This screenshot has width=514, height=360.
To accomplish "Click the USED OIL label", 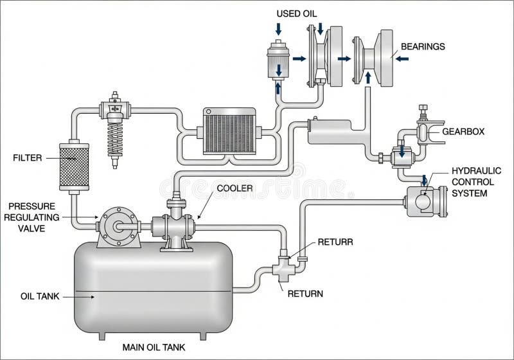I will pos(297,14).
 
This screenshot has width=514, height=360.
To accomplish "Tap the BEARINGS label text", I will pos(423,47).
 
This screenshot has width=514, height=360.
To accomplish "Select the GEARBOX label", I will pos(463,131).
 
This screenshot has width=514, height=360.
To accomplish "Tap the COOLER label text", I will pos(235,188).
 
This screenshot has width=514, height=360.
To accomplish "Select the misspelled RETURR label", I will pos(335,243).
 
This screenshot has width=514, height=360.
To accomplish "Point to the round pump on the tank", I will pos(118,227).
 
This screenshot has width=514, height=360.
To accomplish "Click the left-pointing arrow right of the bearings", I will pos(403,59).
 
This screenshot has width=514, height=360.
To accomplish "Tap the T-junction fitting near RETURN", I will pos(283,266).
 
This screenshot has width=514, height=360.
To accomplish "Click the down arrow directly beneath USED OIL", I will pos(278,28).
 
